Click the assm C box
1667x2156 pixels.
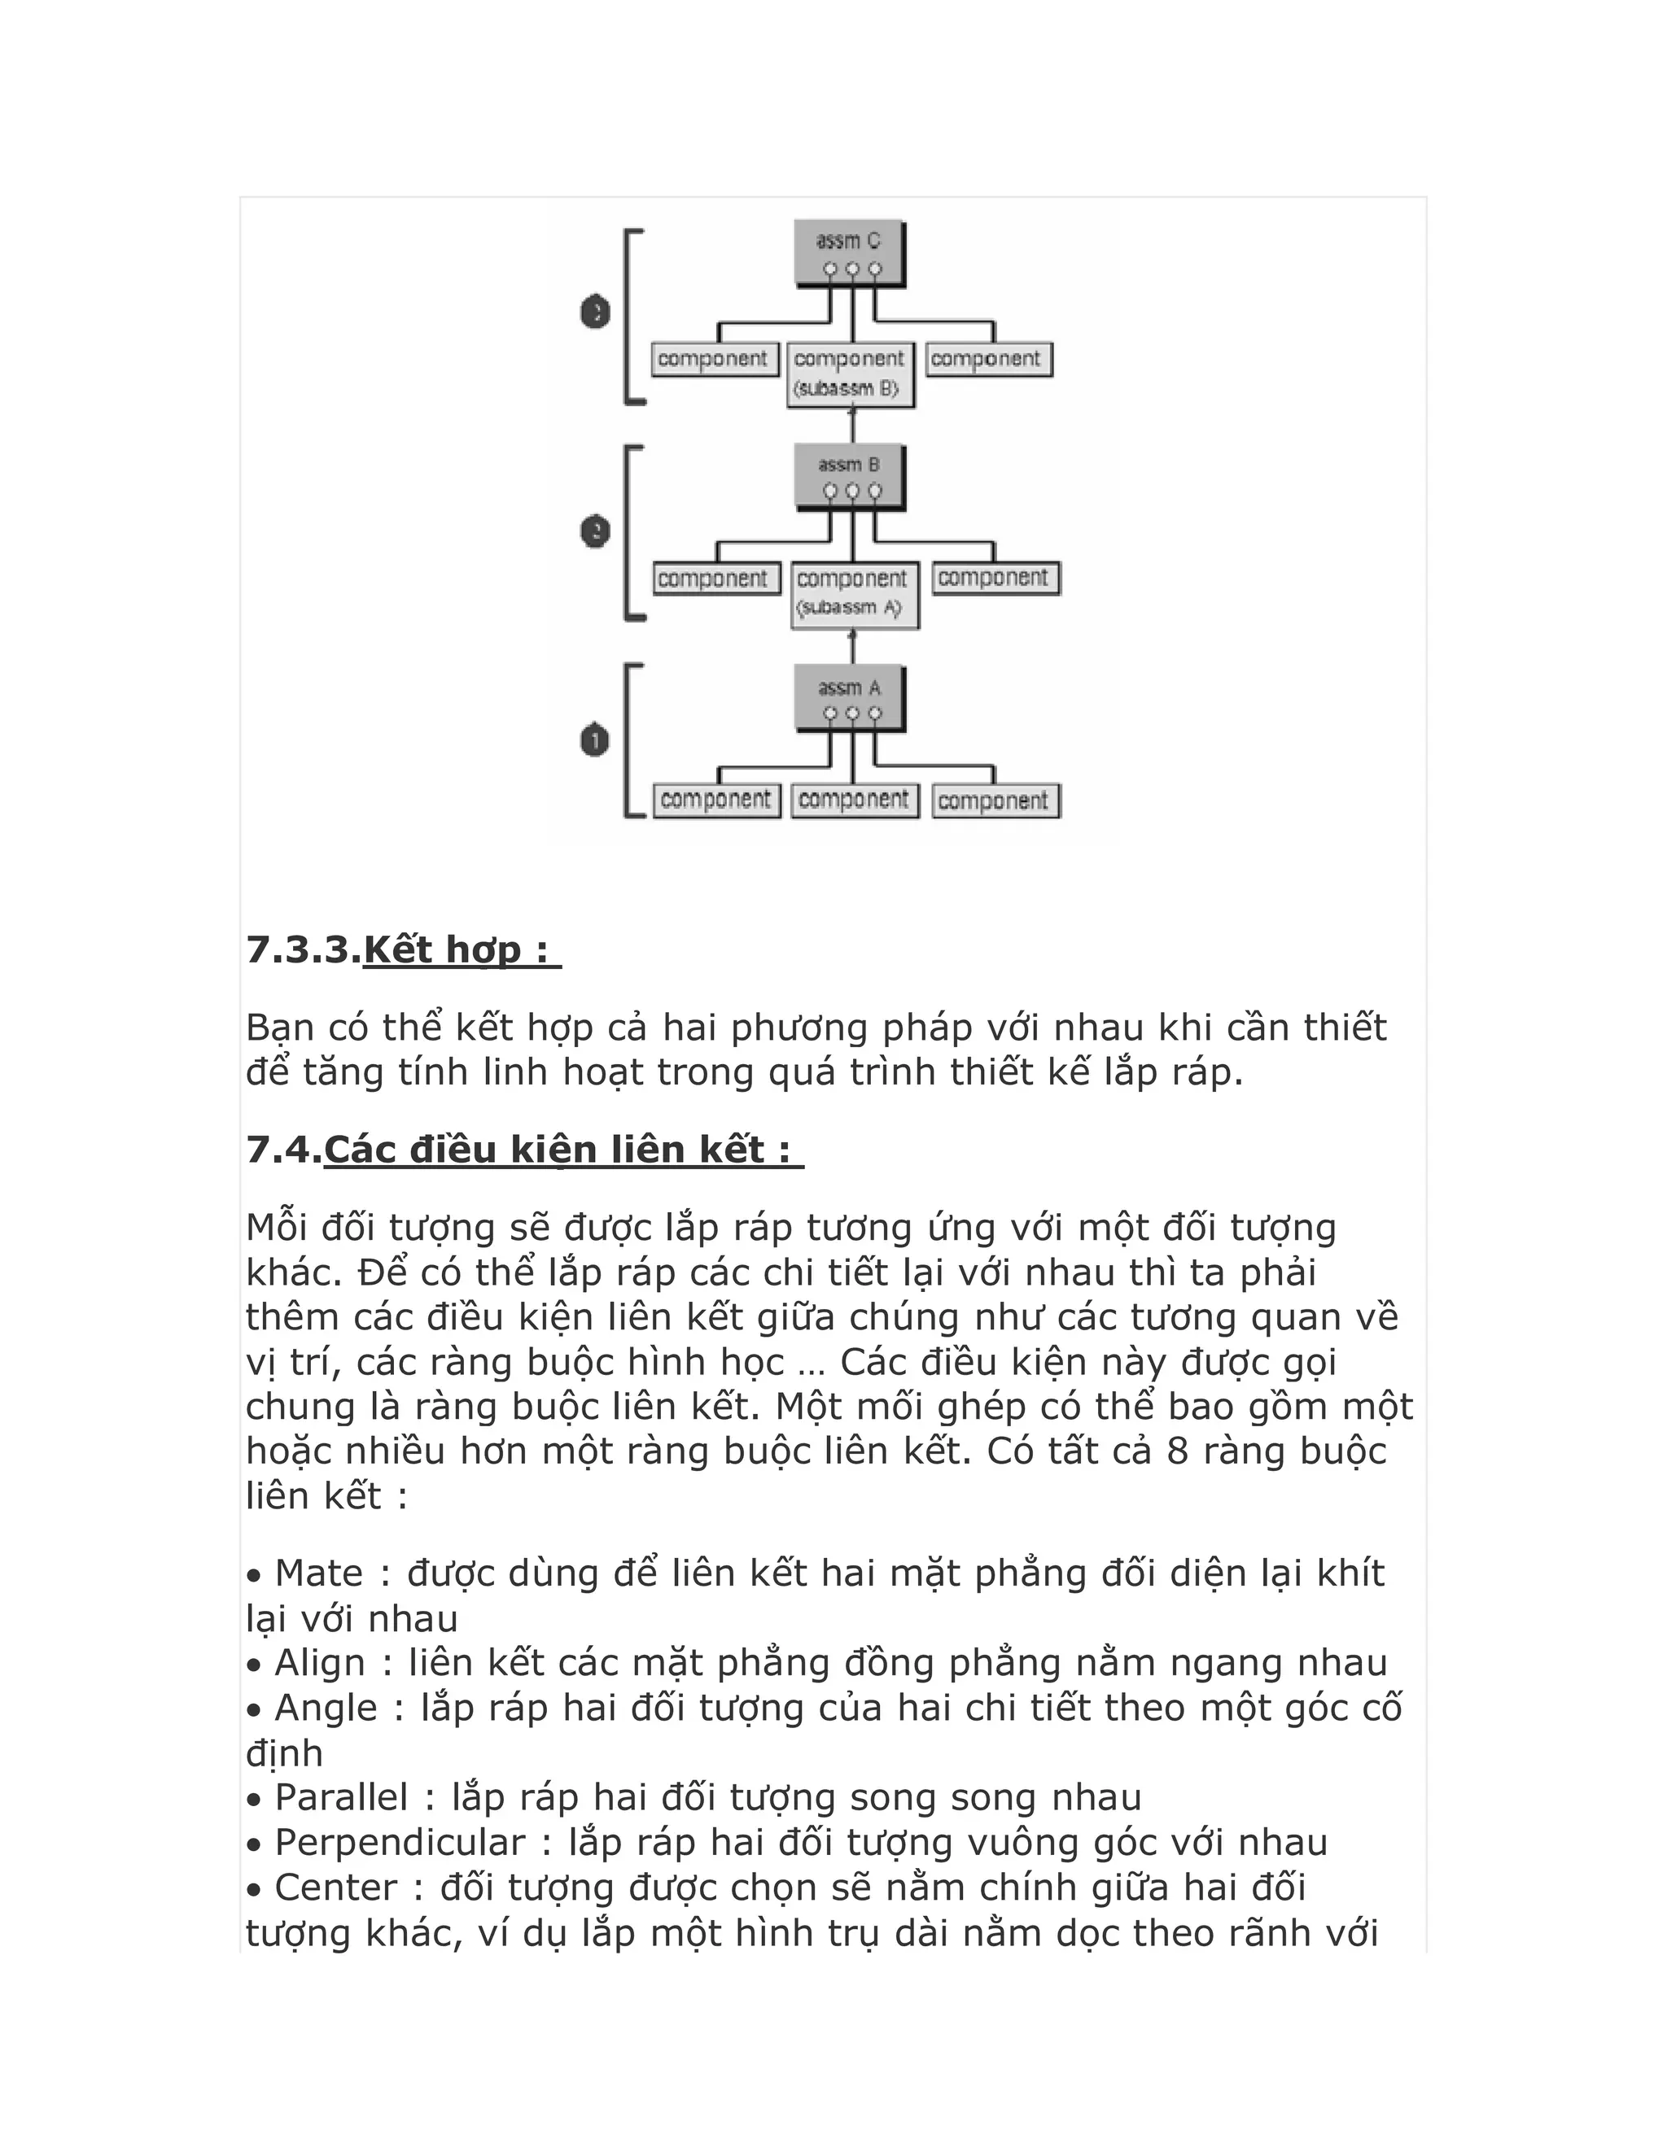click(849, 253)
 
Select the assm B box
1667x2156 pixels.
click(849, 476)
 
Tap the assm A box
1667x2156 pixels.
click(849, 698)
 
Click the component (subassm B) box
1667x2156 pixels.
click(851, 373)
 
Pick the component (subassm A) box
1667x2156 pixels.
click(854, 593)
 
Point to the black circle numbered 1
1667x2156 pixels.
click(594, 740)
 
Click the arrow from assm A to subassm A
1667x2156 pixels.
click(853, 647)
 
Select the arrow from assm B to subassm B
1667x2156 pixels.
click(853, 425)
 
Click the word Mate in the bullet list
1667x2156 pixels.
click(318, 1573)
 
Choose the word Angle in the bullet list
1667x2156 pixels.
click(326, 1708)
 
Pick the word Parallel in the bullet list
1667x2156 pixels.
click(341, 1796)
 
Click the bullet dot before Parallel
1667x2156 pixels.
click(255, 1800)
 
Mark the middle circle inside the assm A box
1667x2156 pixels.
click(852, 713)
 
